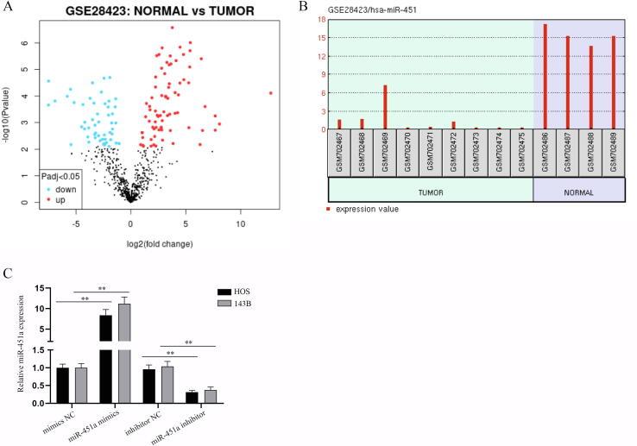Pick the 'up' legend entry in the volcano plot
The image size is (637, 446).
(62, 198)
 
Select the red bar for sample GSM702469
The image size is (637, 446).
(385, 107)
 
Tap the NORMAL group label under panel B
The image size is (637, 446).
(579, 192)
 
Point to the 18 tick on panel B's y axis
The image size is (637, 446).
(321, 19)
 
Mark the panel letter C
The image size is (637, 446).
(8, 275)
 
